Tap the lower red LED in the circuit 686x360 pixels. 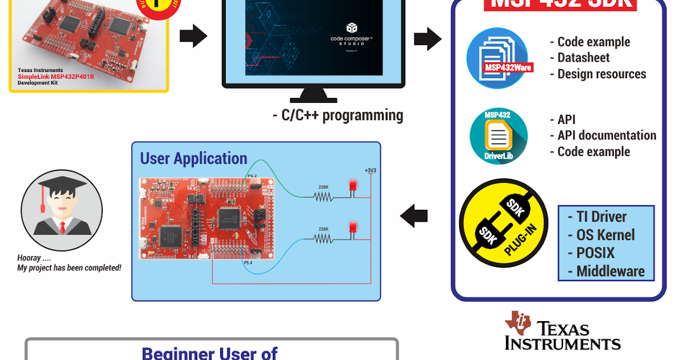coord(353,229)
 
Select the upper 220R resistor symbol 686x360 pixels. coord(324,197)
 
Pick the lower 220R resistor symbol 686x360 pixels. coord(324,239)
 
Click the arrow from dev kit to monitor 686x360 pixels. coord(193,37)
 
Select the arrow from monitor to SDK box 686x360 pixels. coord(428,38)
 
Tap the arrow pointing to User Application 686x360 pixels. coord(414,217)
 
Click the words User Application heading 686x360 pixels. coord(194,158)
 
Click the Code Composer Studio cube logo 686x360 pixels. coord(352,27)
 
